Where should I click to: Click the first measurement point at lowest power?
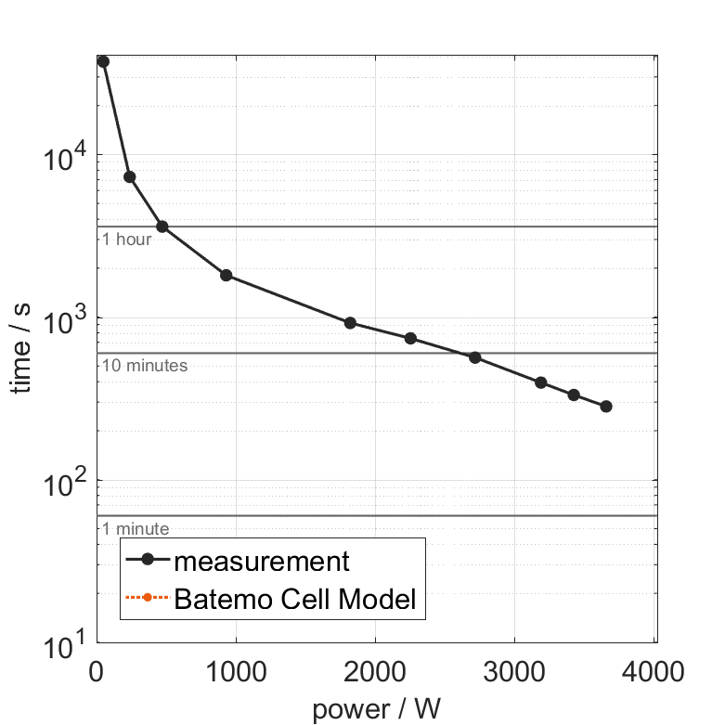103,61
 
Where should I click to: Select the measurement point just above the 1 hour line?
162,227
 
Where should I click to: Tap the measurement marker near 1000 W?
226,276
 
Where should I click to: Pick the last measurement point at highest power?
606,407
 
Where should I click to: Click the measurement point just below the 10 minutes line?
475,357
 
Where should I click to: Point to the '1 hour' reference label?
126,240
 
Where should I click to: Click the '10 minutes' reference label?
145,366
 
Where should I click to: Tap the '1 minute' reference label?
136,529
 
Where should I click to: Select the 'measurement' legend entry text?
262,562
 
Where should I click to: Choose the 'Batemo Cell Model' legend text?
295,600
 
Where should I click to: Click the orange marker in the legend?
148,600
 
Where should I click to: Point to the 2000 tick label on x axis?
375,670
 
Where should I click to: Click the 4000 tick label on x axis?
654,670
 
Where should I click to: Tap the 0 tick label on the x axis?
97,670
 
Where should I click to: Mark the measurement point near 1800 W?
350,323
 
